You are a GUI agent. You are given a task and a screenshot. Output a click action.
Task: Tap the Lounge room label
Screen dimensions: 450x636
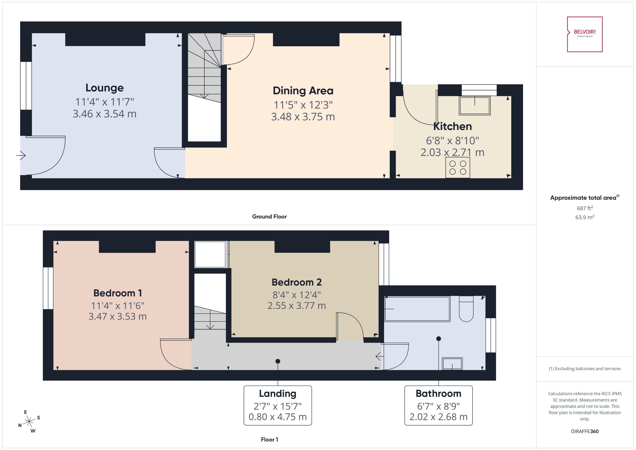(x=104, y=88)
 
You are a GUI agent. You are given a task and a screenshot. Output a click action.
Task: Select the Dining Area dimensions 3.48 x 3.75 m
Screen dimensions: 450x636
(x=303, y=117)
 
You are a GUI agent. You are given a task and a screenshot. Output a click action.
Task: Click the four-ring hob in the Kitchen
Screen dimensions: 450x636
(x=458, y=167)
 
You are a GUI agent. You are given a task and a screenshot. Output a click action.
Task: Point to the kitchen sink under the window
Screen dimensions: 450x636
(x=474, y=105)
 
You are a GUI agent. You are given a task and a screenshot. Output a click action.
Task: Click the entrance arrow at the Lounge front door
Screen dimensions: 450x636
(x=21, y=155)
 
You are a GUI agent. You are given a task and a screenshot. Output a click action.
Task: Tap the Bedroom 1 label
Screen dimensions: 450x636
(x=118, y=293)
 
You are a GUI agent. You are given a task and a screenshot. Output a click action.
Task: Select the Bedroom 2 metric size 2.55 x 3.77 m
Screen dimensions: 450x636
(x=297, y=306)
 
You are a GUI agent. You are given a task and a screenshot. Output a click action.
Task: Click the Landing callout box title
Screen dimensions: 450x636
(x=277, y=394)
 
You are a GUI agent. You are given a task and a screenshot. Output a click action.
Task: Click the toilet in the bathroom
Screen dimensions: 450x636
(x=466, y=309)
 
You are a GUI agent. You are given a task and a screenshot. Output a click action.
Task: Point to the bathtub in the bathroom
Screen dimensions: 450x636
(x=417, y=309)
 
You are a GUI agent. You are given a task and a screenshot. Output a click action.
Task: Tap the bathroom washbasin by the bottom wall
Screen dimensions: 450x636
(x=452, y=364)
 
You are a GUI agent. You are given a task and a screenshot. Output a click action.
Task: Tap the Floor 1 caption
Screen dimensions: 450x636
(x=269, y=439)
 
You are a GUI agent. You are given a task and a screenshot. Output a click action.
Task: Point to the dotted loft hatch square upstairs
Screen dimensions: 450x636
(x=210, y=254)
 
